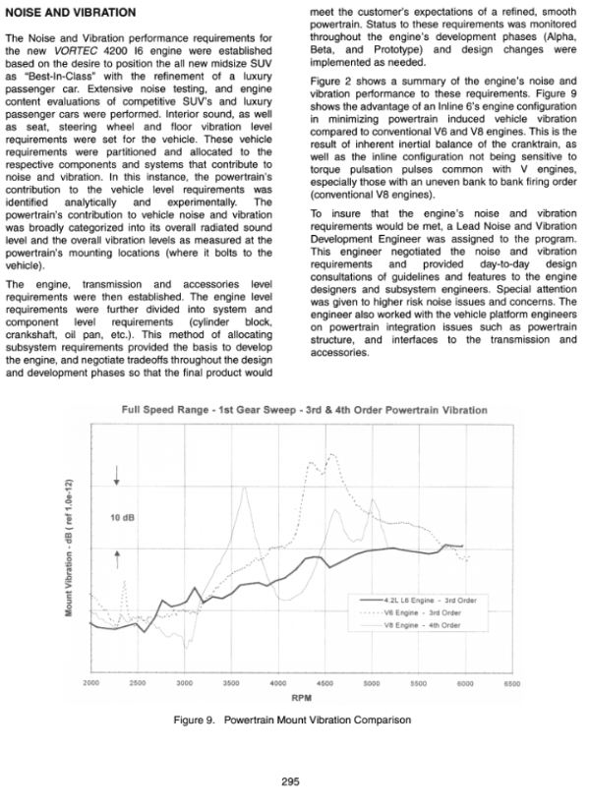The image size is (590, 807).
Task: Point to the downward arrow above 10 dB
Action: (x=117, y=478)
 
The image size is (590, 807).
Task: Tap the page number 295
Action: (x=289, y=781)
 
